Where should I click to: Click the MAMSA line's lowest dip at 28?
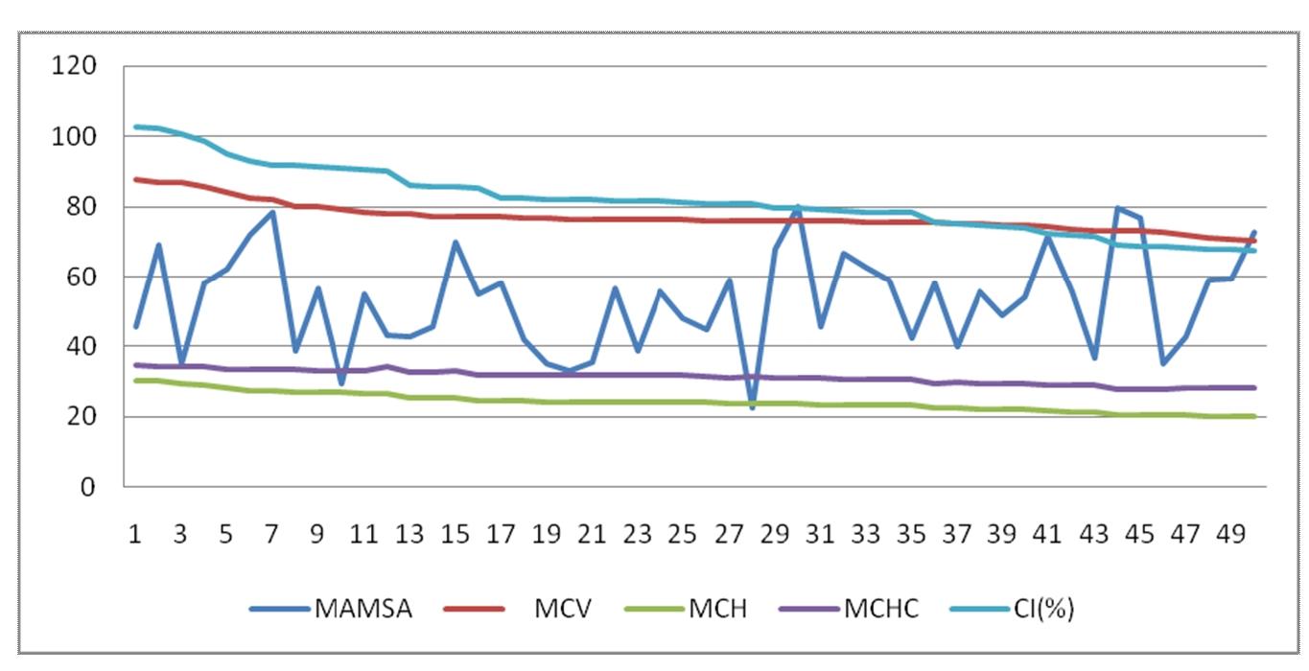(753, 408)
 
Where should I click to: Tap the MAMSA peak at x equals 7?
(272, 212)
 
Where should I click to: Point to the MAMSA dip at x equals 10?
(340, 383)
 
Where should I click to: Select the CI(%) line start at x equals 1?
(136, 127)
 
